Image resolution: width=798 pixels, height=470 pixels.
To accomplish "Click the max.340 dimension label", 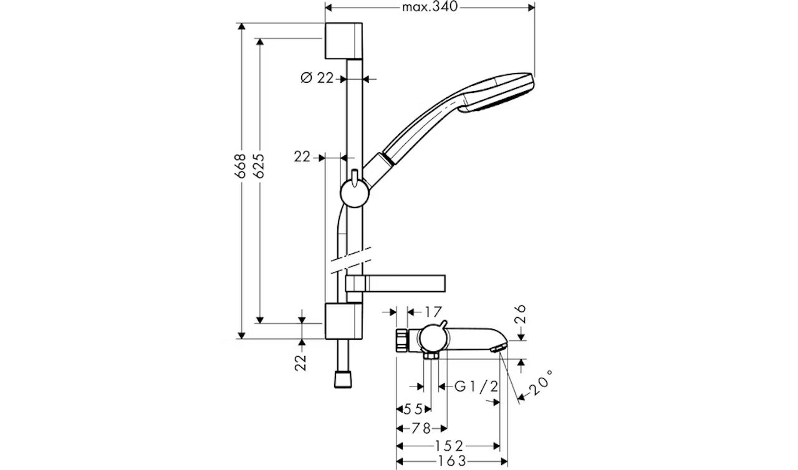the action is click(430, 7).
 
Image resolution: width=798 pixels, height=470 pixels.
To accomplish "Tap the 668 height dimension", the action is click(241, 166).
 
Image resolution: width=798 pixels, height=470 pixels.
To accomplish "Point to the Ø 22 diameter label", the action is click(317, 78).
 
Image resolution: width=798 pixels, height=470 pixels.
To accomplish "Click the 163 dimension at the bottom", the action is click(452, 461).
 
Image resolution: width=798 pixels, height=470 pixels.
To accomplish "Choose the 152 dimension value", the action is click(449, 446).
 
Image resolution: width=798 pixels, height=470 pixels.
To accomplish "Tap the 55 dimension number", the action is click(413, 409).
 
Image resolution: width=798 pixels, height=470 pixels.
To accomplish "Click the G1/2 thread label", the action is click(476, 386).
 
